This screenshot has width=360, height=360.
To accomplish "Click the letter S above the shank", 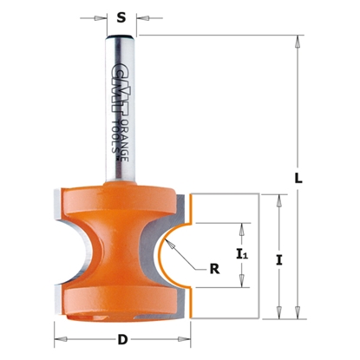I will click(x=121, y=15).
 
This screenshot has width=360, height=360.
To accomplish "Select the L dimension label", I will click(x=298, y=178).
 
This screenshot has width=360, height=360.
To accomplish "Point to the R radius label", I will click(x=213, y=269).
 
